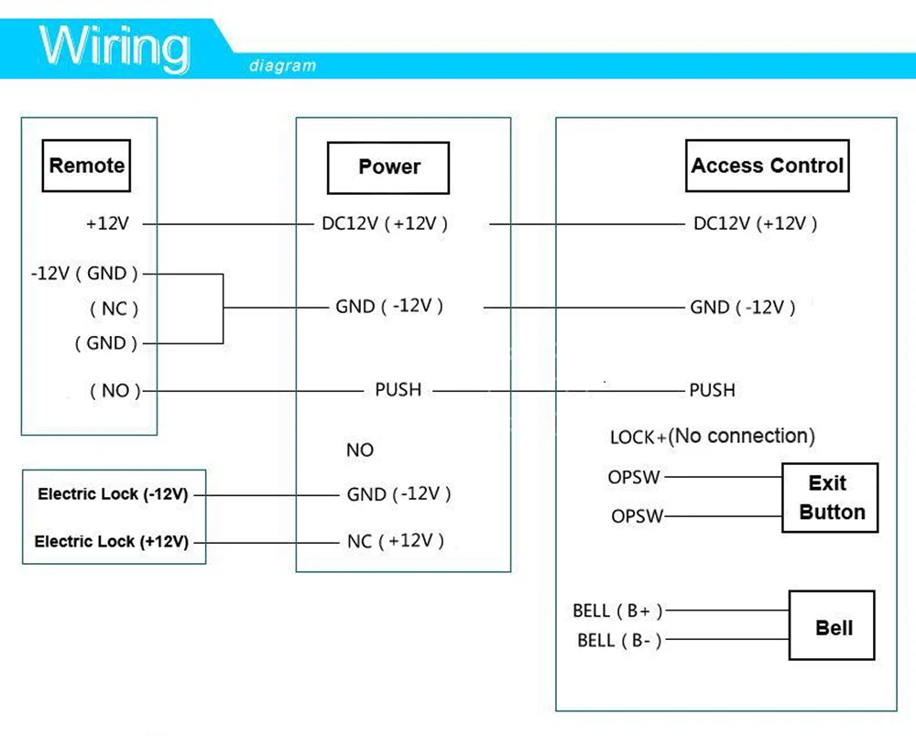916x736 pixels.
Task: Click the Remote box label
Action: tap(86, 166)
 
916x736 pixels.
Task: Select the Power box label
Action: tap(388, 168)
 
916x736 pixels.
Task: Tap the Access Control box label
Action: tap(767, 166)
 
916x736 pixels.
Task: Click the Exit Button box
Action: tap(830, 498)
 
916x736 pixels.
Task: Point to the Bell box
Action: tap(832, 625)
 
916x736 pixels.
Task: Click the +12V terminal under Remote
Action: tap(107, 223)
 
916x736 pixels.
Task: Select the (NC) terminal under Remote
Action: tap(114, 308)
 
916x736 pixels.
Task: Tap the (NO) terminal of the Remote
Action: tap(115, 391)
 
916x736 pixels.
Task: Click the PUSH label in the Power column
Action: tap(398, 390)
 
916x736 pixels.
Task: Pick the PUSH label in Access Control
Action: tap(712, 390)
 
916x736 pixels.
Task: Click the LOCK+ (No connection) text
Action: tap(712, 436)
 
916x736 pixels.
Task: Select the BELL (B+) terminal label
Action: tap(617, 611)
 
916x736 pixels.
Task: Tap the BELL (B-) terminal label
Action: tap(619, 640)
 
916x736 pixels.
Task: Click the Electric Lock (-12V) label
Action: tap(113, 494)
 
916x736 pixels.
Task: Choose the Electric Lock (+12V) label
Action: tap(112, 542)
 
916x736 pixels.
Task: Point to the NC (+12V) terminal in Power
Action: tap(396, 541)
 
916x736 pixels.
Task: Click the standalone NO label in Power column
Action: tap(360, 450)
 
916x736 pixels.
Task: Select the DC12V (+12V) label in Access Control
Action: tap(756, 223)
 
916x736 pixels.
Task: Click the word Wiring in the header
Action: tap(114, 47)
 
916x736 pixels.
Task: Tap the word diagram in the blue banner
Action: tap(283, 66)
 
